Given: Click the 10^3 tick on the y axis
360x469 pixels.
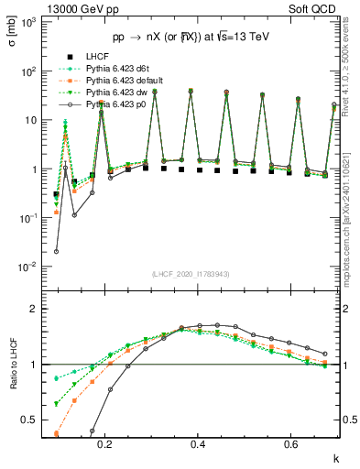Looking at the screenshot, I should [30, 21].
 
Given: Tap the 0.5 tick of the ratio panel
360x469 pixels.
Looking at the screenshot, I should [31, 420].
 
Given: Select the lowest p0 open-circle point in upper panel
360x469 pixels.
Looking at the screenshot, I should [57, 251].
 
